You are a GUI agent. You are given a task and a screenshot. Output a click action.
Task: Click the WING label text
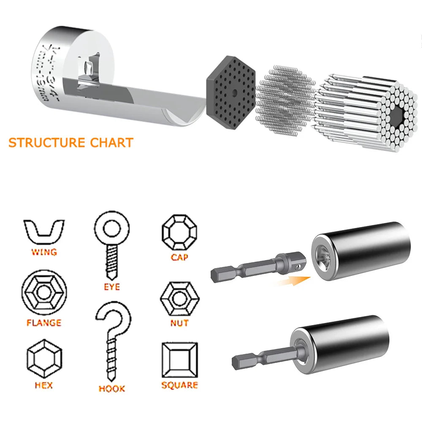[x=44, y=252]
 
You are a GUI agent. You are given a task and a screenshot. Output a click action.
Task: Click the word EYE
[x=112, y=287]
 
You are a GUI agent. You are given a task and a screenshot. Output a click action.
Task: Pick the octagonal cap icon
[x=179, y=232]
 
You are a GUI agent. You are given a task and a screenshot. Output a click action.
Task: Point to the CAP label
[x=179, y=257]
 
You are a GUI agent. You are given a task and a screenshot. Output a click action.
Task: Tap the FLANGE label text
[x=44, y=323]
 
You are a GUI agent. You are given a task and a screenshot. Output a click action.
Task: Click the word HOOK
[x=112, y=388]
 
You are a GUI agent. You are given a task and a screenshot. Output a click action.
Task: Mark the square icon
[x=179, y=360]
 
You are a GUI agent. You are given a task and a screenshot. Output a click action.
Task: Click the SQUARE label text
[x=179, y=385]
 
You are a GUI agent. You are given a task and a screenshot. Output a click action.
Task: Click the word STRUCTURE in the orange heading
[x=46, y=142]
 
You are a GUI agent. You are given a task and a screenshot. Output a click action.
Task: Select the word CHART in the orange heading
[x=111, y=142]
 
